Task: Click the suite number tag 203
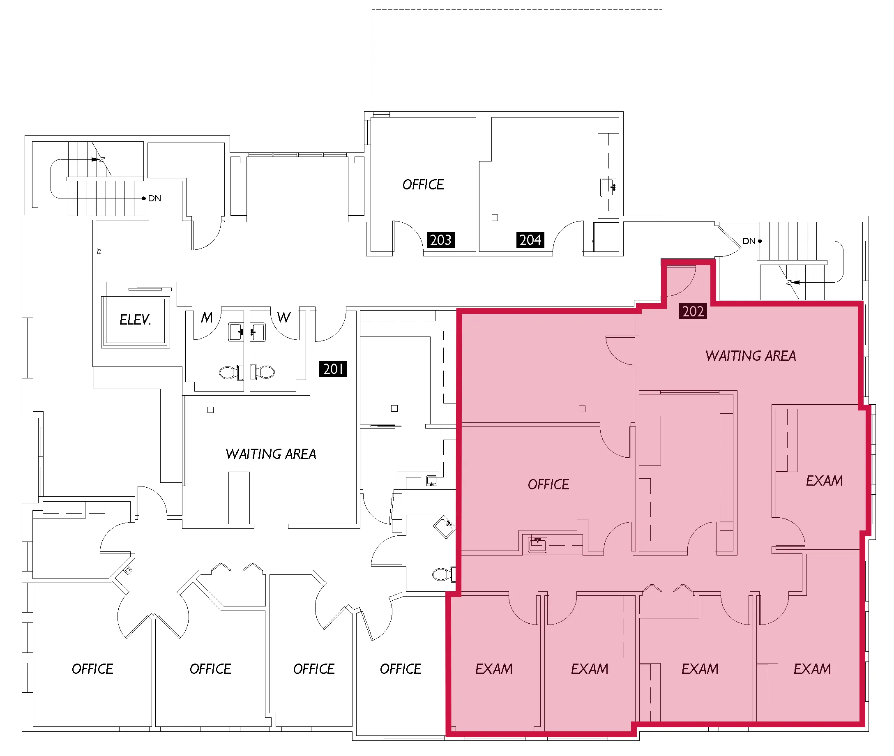click(x=440, y=240)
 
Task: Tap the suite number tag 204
click(x=530, y=240)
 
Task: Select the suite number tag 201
click(x=332, y=369)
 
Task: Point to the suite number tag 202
click(x=693, y=311)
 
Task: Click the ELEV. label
click(x=135, y=319)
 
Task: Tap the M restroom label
click(x=207, y=318)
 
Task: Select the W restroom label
click(x=284, y=318)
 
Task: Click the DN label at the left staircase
click(x=154, y=198)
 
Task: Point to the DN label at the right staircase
click(x=749, y=241)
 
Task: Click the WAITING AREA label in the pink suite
click(x=751, y=356)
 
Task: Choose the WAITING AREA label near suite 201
click(x=270, y=454)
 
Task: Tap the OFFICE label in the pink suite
click(x=548, y=484)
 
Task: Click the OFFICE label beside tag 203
click(x=423, y=184)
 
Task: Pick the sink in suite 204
click(x=608, y=187)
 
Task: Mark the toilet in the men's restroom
click(x=231, y=372)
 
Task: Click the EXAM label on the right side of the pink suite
click(x=824, y=480)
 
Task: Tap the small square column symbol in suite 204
click(x=495, y=218)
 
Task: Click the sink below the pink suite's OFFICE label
click(x=537, y=545)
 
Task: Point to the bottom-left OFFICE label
click(x=92, y=668)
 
